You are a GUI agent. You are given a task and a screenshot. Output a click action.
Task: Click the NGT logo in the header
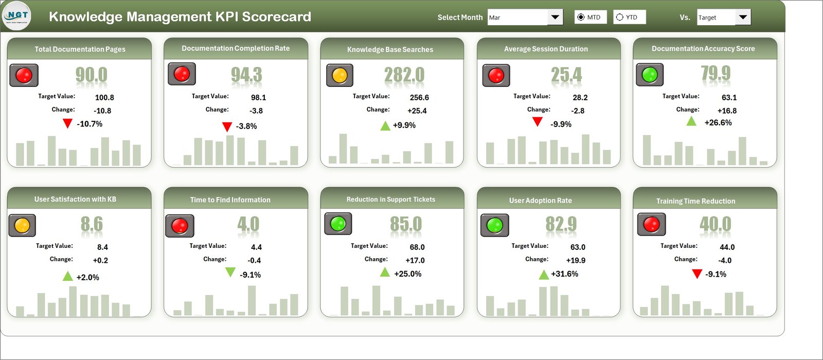point(17,16)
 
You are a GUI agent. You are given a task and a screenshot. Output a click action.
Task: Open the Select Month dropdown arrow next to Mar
point(555,17)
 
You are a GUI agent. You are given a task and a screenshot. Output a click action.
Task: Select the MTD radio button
point(581,17)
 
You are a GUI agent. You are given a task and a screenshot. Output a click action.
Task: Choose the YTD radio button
point(620,17)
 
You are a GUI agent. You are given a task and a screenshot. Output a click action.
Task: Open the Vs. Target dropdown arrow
point(743,17)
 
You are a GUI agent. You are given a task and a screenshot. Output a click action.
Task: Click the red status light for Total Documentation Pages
point(24,75)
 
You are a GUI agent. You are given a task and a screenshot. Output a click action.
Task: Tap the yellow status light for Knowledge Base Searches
point(339,75)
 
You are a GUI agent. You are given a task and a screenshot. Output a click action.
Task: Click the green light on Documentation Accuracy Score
point(650,75)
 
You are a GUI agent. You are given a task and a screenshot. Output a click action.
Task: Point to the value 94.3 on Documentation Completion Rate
point(246,75)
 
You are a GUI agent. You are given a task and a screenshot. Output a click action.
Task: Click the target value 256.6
point(419,97)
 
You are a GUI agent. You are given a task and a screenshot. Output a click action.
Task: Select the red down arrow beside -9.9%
point(538,122)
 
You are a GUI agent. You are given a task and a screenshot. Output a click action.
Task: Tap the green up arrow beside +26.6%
point(691,121)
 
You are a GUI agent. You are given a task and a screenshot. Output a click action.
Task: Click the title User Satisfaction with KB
point(75,199)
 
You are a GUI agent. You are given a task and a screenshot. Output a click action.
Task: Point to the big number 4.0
point(248,224)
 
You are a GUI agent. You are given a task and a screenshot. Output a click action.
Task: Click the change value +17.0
point(415,260)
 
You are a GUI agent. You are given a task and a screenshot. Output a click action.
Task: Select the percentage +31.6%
point(564,274)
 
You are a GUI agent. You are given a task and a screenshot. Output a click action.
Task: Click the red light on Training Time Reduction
point(651,224)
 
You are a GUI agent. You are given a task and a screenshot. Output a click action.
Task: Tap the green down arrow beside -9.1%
point(230,272)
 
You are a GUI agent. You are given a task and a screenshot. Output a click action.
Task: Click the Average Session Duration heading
point(546,49)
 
